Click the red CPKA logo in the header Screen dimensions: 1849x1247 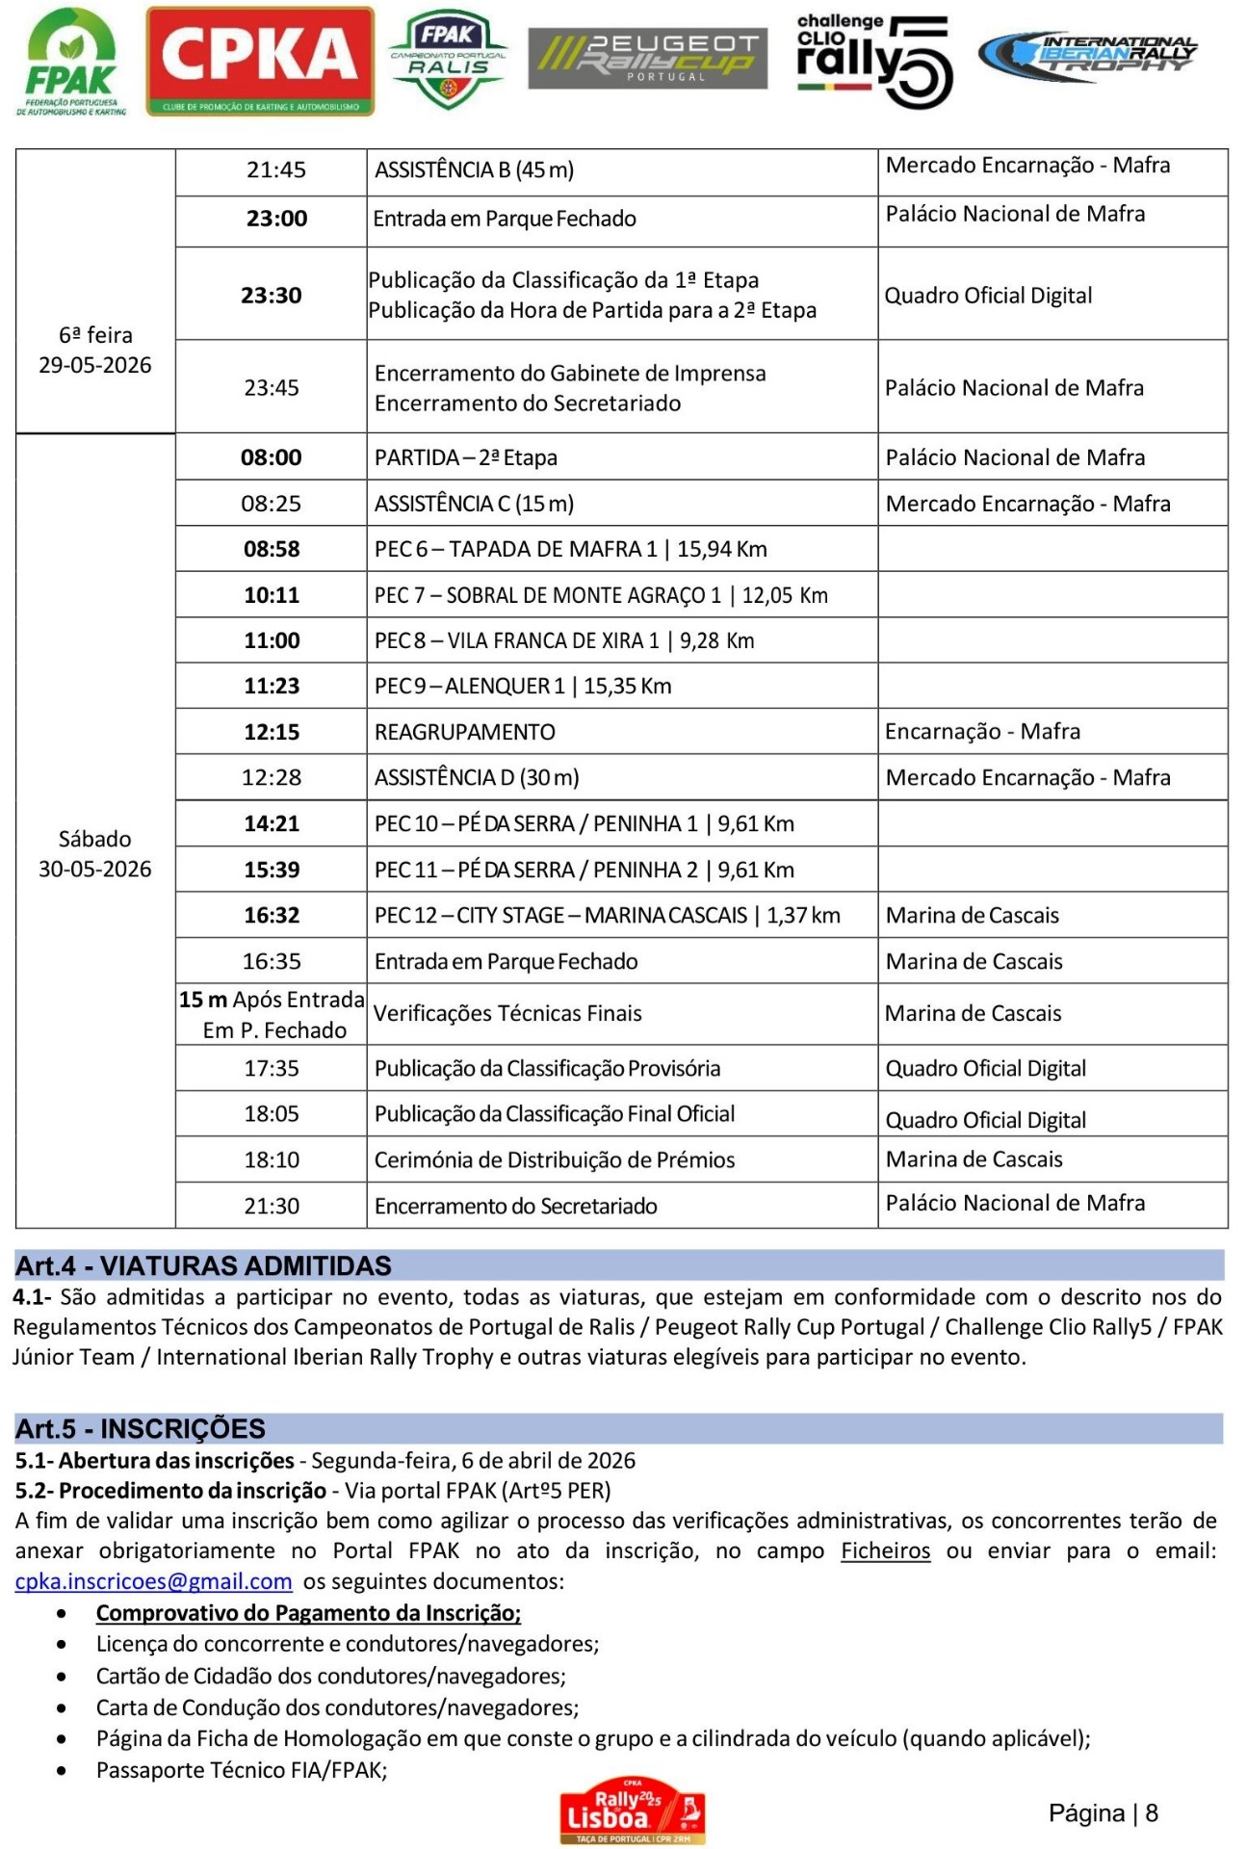[x=260, y=61]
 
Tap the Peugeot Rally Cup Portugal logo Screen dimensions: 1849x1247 [x=647, y=58]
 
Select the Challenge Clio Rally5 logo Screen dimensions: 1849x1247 [x=873, y=61]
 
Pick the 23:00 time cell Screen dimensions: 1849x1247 [x=276, y=219]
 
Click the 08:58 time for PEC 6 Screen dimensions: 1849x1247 [x=272, y=549]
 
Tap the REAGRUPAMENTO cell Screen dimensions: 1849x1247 [x=465, y=732]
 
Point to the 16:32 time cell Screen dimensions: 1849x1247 [x=272, y=915]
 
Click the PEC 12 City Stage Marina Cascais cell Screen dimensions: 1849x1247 [x=607, y=915]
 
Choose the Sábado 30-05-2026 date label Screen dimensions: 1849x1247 [x=94, y=854]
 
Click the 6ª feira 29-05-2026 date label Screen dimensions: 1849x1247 [x=94, y=350]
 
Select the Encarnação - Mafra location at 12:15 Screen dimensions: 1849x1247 [x=982, y=731]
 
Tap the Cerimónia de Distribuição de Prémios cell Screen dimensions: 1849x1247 [x=555, y=1159]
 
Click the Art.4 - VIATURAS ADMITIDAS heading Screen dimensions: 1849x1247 [x=203, y=1265]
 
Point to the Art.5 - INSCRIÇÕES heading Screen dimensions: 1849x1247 [x=141, y=1428]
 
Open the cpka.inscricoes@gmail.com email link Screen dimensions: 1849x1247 [x=153, y=1581]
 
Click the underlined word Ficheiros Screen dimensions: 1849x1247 [x=885, y=1550]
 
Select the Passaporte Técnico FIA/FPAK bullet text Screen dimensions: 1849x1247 [x=242, y=1770]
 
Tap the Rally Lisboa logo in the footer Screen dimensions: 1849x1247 [x=633, y=1811]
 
